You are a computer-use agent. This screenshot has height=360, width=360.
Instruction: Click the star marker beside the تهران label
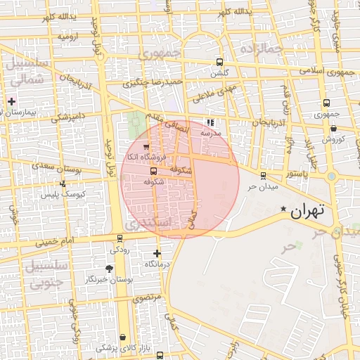point(283,209)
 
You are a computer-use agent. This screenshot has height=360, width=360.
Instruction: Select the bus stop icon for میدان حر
point(263,176)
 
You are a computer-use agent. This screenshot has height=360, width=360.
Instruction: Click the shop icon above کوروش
point(333,128)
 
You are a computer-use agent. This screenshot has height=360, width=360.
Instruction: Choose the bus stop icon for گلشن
point(220,62)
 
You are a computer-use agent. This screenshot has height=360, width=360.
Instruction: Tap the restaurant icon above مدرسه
point(210,122)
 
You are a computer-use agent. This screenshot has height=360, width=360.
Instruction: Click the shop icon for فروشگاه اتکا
point(146,146)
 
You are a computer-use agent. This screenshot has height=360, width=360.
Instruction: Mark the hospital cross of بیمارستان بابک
point(11,101)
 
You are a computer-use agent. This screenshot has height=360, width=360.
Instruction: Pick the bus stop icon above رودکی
point(115,238)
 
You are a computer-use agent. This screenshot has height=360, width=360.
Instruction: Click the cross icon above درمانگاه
point(156,253)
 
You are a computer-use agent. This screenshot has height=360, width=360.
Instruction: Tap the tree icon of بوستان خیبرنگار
point(108,269)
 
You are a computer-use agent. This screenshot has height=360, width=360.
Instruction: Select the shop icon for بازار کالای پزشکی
point(124,337)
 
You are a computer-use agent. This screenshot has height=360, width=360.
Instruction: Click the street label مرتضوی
point(148,298)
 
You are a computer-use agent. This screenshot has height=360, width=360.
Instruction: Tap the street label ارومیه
point(68,34)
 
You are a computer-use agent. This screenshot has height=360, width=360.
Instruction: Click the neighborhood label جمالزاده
point(260,49)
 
